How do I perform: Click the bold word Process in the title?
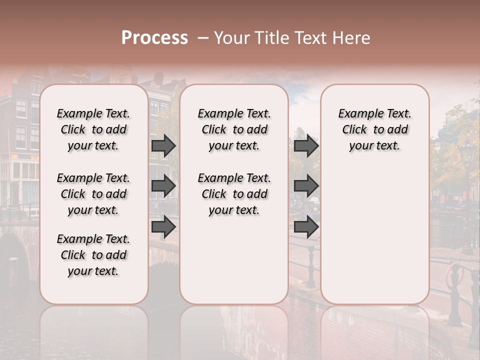[154, 38]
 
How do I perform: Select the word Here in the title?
[352, 38]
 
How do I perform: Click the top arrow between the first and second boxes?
[163, 145]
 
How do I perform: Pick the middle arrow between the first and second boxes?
[163, 186]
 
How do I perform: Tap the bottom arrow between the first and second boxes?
[163, 227]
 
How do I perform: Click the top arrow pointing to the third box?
[306, 145]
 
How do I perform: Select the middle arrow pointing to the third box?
[306, 186]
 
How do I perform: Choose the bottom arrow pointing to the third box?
[306, 227]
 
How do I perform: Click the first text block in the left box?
[93, 129]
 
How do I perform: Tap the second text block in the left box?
[93, 194]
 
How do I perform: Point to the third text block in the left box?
[93, 255]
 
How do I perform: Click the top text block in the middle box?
[234, 129]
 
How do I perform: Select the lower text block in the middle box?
[234, 194]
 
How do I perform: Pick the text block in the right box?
[374, 129]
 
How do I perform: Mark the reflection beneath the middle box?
[234, 330]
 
